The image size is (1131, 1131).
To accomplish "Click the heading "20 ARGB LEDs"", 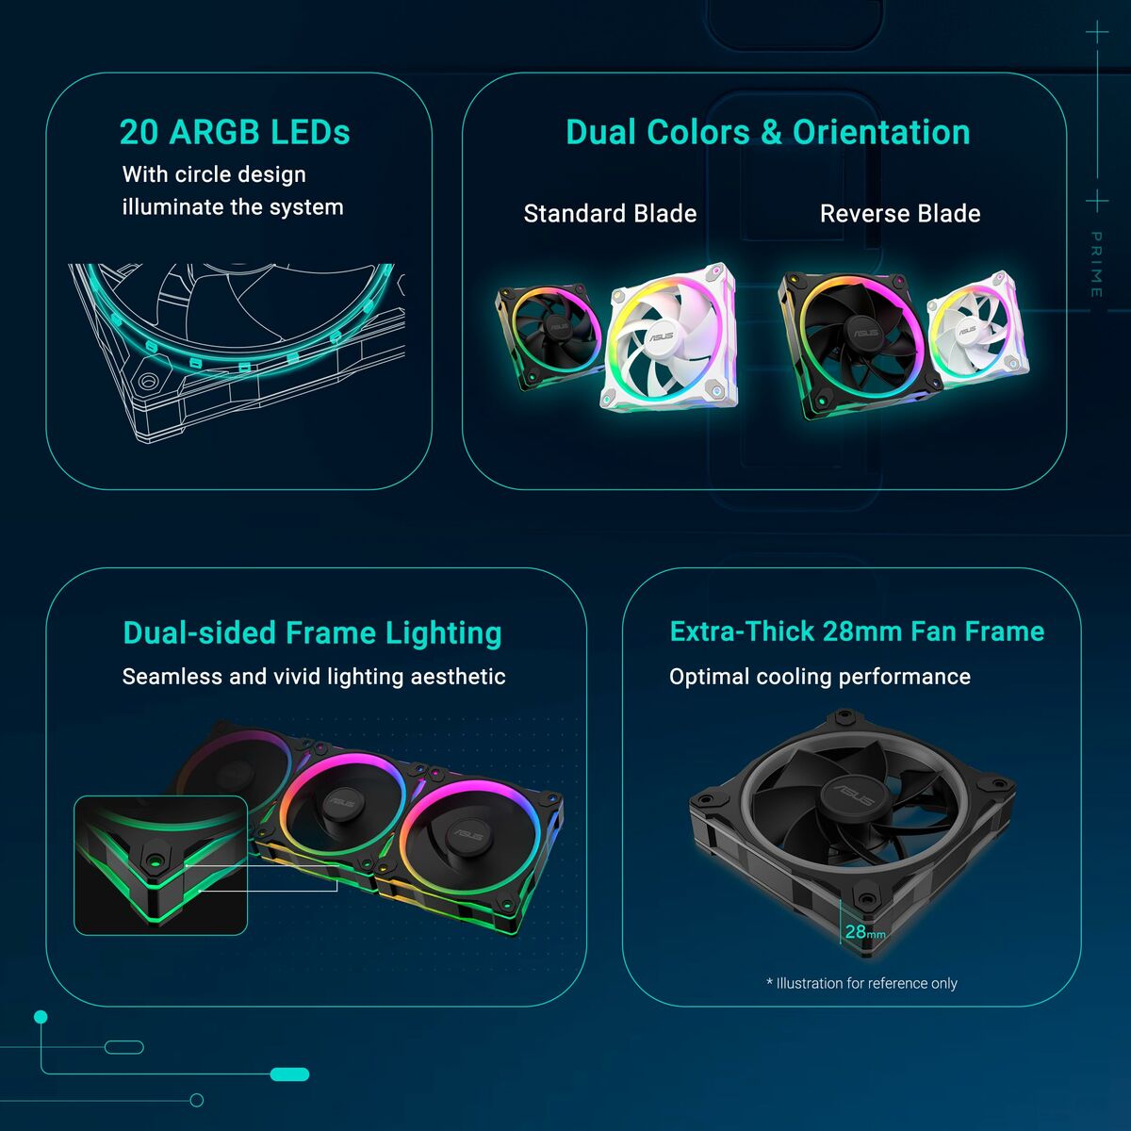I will (235, 132).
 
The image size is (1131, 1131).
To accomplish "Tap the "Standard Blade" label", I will (610, 214).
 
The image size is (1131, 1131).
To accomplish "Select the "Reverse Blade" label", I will (900, 214).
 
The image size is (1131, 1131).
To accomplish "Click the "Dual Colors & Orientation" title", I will (767, 133).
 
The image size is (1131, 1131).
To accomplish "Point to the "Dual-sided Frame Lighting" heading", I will (312, 633).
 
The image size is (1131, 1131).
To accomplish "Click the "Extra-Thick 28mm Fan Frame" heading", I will (857, 631).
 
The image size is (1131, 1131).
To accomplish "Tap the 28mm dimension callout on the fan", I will (863, 932).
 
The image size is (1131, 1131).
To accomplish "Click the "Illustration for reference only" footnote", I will (861, 983).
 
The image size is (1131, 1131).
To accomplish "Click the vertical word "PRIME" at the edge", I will (1096, 265).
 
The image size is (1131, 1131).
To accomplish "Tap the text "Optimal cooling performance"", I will (819, 677).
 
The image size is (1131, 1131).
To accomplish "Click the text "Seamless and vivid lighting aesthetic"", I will (314, 677).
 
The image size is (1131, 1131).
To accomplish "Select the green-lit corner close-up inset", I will (160, 865).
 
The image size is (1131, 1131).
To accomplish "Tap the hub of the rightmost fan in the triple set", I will (467, 834).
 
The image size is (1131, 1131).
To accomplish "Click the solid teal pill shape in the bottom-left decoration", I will (289, 1074).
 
